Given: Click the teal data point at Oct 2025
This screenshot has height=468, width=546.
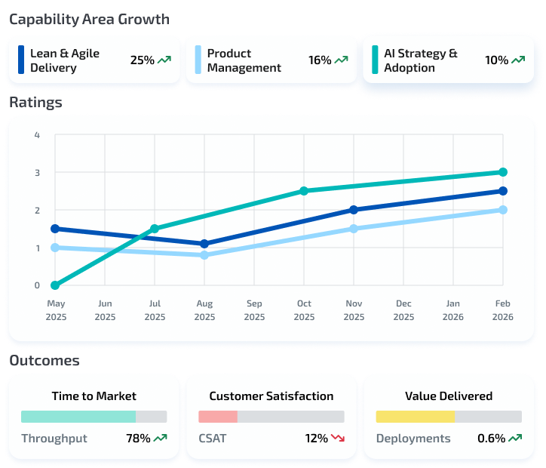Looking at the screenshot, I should click(x=304, y=191).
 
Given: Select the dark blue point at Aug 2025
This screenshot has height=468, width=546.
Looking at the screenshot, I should click(x=204, y=244).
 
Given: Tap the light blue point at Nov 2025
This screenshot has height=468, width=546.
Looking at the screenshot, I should click(x=354, y=229).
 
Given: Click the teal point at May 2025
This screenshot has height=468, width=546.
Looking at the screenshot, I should click(x=56, y=285).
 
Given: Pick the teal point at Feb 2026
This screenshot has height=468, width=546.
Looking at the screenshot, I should click(x=503, y=172).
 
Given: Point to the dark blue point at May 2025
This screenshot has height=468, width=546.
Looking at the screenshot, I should click(x=56, y=229).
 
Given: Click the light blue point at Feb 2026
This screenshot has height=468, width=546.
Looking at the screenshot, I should click(x=503, y=210).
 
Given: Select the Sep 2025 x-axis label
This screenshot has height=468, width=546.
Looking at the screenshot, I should click(x=254, y=310).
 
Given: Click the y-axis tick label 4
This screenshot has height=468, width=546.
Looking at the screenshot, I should click(x=37, y=135).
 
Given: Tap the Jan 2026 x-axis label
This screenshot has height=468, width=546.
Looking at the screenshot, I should click(x=453, y=310).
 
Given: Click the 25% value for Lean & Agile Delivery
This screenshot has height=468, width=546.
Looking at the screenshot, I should click(x=142, y=60).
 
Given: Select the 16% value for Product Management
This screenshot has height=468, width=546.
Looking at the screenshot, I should click(x=320, y=60).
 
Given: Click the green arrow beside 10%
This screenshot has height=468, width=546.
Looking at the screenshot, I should click(x=518, y=60).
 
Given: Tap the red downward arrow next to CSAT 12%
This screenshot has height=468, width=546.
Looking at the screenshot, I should click(x=337, y=438).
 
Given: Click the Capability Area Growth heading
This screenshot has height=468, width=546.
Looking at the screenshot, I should click(x=89, y=19).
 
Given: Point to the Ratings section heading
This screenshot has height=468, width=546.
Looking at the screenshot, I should click(x=35, y=102).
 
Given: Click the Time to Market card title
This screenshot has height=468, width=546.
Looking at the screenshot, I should click(x=94, y=396).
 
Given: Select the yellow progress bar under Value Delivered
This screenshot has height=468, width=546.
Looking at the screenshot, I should click(x=416, y=417).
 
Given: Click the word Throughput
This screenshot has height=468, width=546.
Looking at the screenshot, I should click(x=54, y=439).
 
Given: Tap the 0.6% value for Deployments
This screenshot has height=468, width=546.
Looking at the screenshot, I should click(x=491, y=439).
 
